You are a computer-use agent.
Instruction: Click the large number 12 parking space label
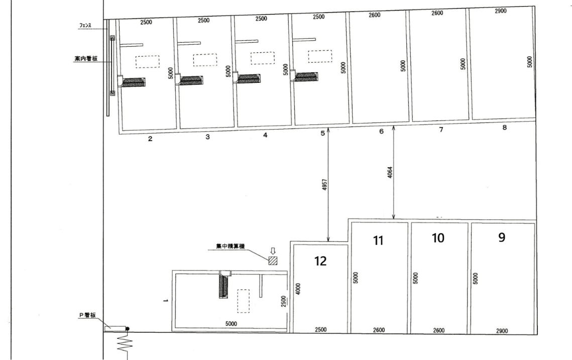coord(320,261)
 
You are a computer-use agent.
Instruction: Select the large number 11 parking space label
coord(378,241)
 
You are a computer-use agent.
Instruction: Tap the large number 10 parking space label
coord(438,238)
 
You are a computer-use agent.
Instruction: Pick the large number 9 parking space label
coord(502,237)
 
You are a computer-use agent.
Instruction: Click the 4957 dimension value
coord(325,184)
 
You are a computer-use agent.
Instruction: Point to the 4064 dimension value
coord(390,173)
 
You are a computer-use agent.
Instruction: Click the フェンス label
coord(85,26)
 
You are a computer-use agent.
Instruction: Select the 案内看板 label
coord(86,58)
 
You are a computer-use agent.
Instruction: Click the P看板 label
coord(87,315)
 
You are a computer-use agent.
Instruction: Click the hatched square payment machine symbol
coord(273,261)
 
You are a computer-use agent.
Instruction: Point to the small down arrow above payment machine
coord(273,251)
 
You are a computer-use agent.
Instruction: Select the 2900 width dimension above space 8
coord(501,11)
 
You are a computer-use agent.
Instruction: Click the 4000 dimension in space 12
coord(298,289)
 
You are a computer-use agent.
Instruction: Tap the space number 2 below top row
coord(150,139)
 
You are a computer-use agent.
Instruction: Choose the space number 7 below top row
coord(441,130)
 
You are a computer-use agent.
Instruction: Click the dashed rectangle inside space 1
coord(244,301)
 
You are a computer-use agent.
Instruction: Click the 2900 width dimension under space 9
coord(502,331)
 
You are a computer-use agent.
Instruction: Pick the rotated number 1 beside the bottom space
coord(165,301)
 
